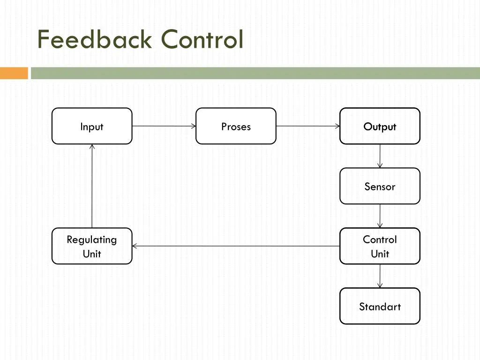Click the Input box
point(92,126)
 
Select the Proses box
point(236,126)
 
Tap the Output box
point(380,126)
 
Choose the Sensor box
point(380,186)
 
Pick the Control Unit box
point(380,246)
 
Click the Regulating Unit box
point(92,246)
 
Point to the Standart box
point(380,306)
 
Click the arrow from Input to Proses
point(164,126)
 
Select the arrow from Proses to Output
point(308,126)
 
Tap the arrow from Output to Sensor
point(380,156)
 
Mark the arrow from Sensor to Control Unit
point(380,216)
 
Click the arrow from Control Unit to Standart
point(380,276)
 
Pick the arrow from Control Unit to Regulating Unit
point(236,246)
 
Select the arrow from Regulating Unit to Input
point(92,186)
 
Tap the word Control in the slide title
point(202,39)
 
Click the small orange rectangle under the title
point(14,73)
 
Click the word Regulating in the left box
point(92,240)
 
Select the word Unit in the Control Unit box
point(380,254)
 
